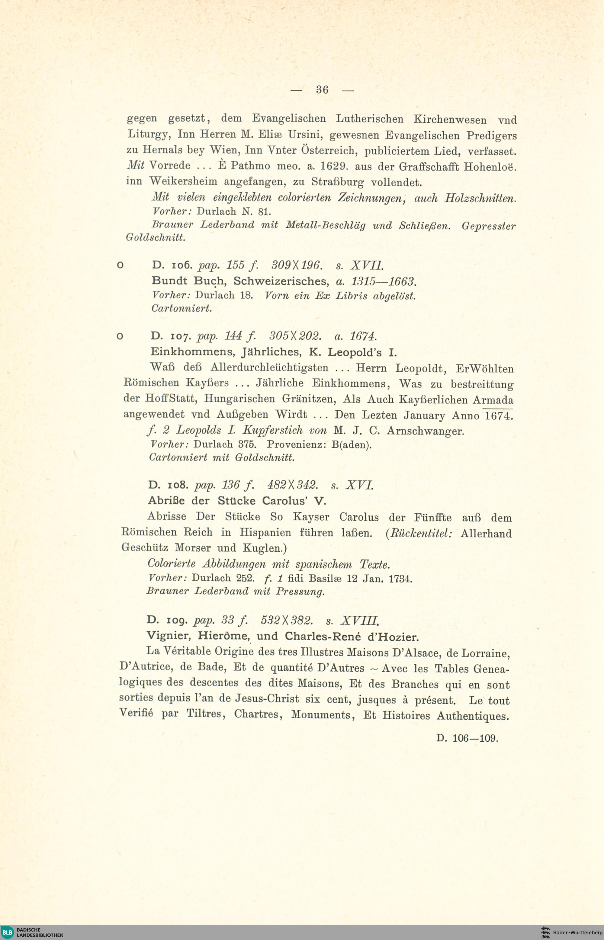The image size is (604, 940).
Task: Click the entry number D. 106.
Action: pos(172,265)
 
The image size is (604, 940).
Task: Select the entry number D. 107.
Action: pos(171,336)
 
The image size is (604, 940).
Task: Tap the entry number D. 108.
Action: pos(168,485)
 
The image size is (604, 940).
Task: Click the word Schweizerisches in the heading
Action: pos(281,281)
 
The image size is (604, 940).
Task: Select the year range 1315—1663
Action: pos(383,281)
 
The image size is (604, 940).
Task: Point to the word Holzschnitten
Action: pos(480,198)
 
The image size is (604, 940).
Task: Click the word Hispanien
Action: pos(265,533)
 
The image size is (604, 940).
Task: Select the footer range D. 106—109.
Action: pos(467,738)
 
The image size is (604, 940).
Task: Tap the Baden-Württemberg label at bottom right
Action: pos(577,932)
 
